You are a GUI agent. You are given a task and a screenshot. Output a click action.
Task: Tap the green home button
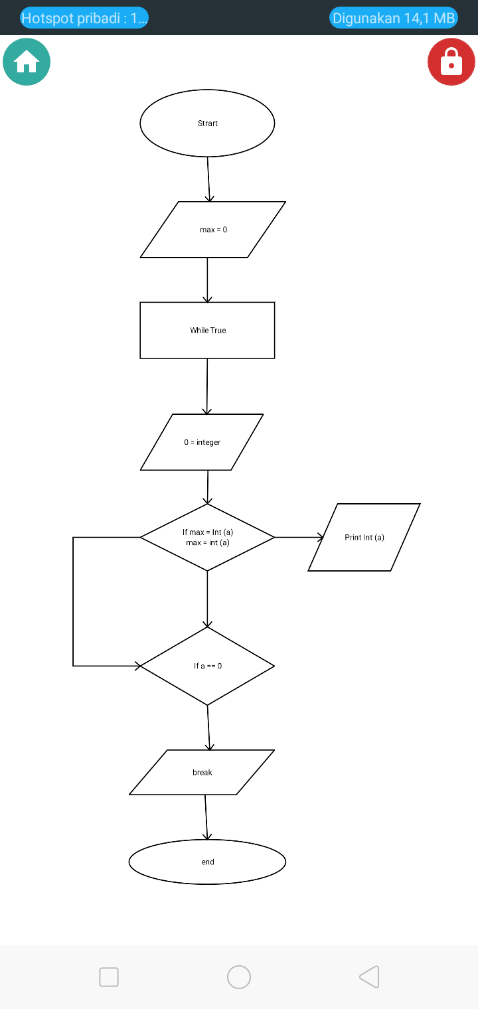tap(27, 62)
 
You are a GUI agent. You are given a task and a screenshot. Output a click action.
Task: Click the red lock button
tap(451, 62)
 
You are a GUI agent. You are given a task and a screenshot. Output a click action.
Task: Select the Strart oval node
tap(207, 123)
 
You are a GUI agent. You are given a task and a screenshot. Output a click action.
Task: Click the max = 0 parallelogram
tap(213, 230)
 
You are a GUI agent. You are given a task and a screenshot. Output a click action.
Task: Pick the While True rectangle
tap(207, 331)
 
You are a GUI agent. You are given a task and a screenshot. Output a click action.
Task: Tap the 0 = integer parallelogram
tap(202, 442)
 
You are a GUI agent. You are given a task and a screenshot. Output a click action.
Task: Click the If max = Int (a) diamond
tap(207, 537)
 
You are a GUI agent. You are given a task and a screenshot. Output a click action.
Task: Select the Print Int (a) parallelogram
tap(364, 537)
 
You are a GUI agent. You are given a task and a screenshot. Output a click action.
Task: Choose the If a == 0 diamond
tap(207, 666)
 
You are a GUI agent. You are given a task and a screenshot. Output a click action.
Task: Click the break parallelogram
tap(202, 773)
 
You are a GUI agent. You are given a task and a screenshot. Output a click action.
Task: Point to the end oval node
tap(207, 862)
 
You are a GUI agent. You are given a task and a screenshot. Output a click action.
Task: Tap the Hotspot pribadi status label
tap(84, 18)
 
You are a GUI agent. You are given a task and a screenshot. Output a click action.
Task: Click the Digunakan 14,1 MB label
tap(394, 18)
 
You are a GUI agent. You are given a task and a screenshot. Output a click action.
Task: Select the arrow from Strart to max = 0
tap(208, 179)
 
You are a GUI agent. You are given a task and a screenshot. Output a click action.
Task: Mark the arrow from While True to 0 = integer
tap(207, 386)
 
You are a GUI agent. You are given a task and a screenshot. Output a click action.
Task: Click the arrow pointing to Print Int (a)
tap(299, 537)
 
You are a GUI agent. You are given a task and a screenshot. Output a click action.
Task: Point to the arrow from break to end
tap(206, 817)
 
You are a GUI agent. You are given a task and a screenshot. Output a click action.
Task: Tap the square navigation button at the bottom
tap(109, 977)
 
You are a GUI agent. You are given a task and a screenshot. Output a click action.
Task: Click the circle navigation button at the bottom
tap(239, 977)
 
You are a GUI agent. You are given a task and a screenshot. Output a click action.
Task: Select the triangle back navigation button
tap(369, 977)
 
